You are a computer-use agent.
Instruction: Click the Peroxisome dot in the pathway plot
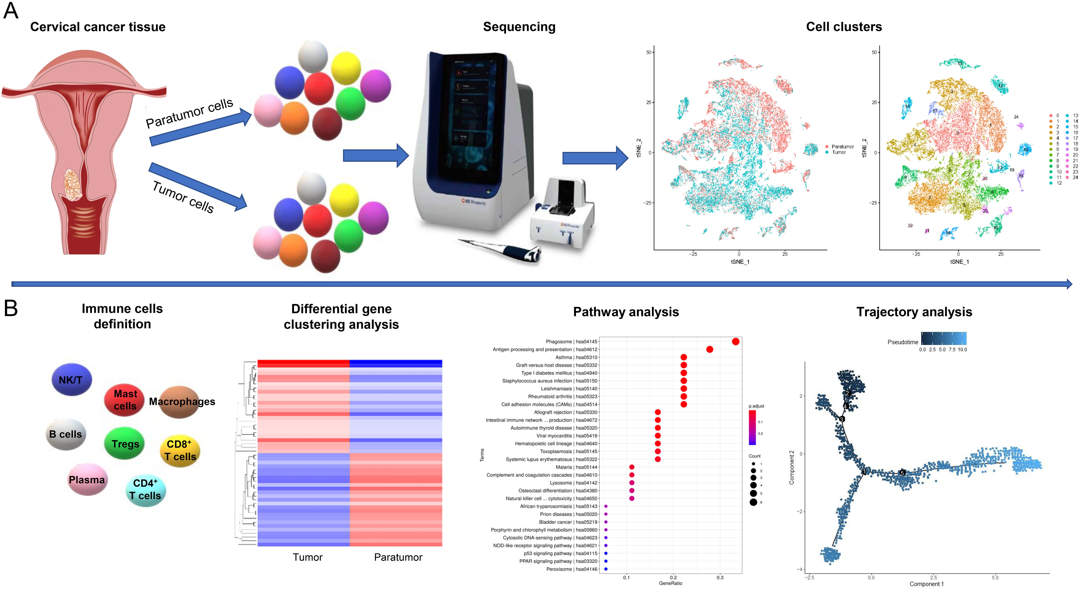pos(606,569)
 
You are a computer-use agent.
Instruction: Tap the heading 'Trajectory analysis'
pos(914,312)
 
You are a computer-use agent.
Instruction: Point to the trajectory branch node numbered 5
pos(902,473)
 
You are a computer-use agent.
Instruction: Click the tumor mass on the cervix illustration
pos(73,184)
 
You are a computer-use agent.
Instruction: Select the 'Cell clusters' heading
pos(844,27)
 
